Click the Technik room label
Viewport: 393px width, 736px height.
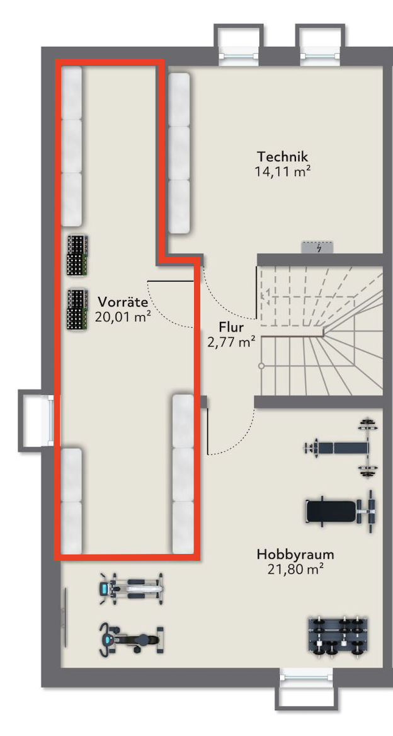click(282, 156)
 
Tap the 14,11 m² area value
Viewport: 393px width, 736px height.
click(282, 171)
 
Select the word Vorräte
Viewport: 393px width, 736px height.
click(123, 301)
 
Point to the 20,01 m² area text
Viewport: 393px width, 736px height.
click(123, 317)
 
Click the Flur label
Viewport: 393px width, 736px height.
click(231, 326)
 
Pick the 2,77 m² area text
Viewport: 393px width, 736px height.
click(231, 342)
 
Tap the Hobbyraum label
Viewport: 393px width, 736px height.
click(295, 555)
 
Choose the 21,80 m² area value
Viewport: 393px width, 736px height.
click(295, 570)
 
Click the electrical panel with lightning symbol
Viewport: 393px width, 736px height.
click(317, 248)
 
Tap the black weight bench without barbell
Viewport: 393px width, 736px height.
click(341, 510)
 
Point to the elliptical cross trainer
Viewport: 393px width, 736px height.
click(131, 587)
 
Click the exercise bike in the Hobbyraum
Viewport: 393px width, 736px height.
click(131, 640)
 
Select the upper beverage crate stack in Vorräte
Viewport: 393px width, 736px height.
click(77, 256)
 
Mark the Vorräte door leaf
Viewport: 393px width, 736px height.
click(171, 280)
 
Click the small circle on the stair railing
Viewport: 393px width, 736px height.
click(261, 365)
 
